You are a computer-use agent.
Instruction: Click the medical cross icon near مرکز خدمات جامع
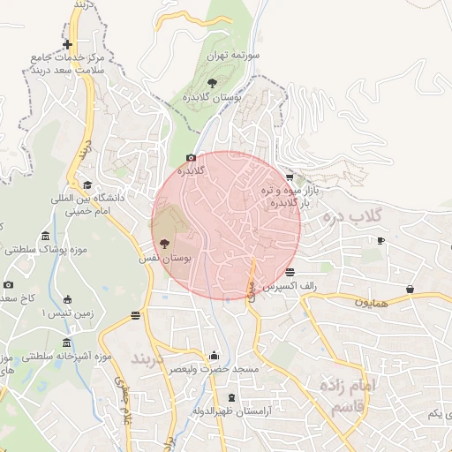(67, 44)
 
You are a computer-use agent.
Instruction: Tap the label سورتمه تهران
(233, 55)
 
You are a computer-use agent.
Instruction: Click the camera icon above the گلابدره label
(191, 158)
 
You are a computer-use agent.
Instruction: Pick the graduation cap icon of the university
(87, 186)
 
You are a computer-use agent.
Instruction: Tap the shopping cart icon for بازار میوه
(290, 177)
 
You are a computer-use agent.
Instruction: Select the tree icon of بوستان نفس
(164, 244)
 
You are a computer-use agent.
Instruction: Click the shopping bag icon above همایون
(411, 289)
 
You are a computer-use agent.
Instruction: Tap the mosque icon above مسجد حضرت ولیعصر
(215, 356)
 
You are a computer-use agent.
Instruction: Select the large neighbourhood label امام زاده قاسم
(340, 397)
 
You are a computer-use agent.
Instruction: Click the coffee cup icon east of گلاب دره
(380, 240)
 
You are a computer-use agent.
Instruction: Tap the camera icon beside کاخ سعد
(9, 284)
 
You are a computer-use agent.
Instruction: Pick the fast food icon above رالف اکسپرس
(290, 271)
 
